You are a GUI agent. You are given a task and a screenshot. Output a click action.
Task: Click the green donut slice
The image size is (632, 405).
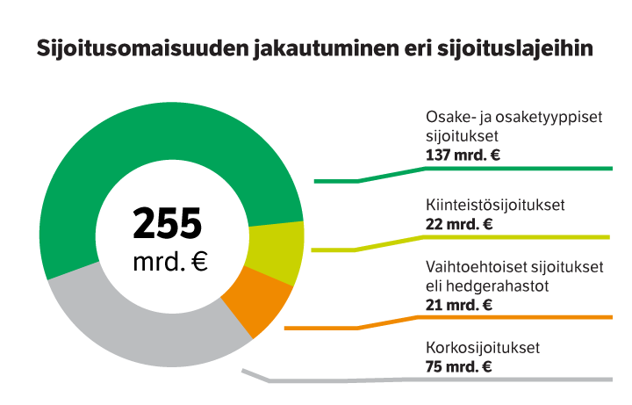132,149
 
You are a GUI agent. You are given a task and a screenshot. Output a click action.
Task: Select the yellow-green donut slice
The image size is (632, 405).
276,247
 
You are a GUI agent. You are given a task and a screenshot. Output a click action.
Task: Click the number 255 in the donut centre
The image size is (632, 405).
168,223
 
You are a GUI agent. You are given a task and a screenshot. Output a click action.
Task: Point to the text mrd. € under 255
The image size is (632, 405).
170,261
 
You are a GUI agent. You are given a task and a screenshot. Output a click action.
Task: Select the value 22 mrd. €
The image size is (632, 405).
458,225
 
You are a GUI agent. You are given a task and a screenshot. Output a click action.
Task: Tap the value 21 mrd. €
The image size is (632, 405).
458,305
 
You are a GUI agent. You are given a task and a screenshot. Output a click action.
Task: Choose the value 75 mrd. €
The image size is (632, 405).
458,366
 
